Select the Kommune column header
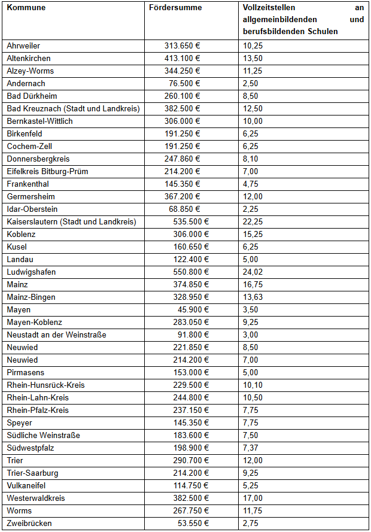tap(26, 8)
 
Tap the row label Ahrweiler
tap(23, 46)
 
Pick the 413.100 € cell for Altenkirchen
tap(182, 59)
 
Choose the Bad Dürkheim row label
tap(32, 96)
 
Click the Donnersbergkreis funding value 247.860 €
tap(182, 159)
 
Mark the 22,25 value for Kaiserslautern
tap(253, 222)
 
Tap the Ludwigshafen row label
tap(31, 272)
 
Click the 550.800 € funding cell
tap(182, 272)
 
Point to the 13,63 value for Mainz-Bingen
tap(253, 297)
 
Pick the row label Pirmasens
tap(26, 373)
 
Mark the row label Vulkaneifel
tap(28, 486)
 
